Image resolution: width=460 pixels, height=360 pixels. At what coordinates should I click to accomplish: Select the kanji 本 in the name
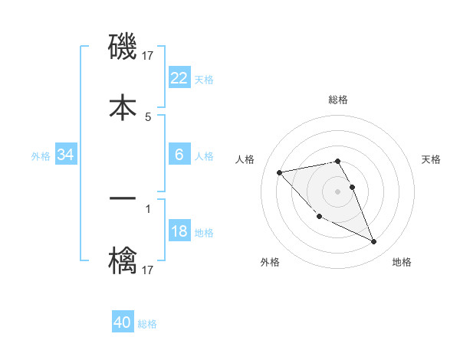pos(123,106)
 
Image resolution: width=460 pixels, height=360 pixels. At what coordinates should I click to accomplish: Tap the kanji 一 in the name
pos(123,198)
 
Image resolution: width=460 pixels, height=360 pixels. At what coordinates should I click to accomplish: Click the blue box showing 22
pos(179,78)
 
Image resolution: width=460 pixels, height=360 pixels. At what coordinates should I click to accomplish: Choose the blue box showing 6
pos(179,155)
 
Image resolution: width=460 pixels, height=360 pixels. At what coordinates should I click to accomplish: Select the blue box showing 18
pos(179,231)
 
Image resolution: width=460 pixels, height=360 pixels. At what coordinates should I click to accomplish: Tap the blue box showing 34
pos(66,155)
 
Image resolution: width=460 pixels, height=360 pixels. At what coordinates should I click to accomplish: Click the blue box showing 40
pos(123,322)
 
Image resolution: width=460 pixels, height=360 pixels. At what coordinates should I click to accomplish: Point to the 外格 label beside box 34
pos(41,155)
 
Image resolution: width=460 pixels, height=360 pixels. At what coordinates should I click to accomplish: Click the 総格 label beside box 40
pos(147,323)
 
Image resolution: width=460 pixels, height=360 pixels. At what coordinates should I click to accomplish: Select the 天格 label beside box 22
pos(204,79)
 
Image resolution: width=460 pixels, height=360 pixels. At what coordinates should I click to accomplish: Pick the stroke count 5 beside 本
pos(148,116)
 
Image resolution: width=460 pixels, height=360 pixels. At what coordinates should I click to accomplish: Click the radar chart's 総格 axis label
pos(338,100)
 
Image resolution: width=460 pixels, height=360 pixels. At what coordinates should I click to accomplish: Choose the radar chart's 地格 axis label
pos(402,262)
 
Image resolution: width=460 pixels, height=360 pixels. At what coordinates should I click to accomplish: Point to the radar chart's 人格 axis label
pos(245,159)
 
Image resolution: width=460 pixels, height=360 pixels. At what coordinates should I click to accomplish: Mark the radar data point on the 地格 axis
pos(374,242)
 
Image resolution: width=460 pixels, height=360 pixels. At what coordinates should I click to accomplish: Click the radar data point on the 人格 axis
pos(279,172)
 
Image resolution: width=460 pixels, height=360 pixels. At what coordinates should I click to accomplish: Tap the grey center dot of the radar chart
pos(338,191)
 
